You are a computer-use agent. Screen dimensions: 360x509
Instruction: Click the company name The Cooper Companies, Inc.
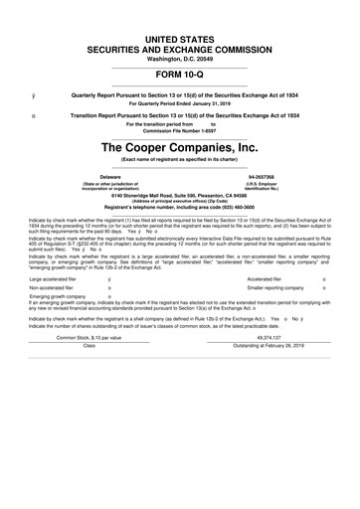(179, 148)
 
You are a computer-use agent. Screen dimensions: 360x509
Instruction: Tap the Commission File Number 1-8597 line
(179, 128)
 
